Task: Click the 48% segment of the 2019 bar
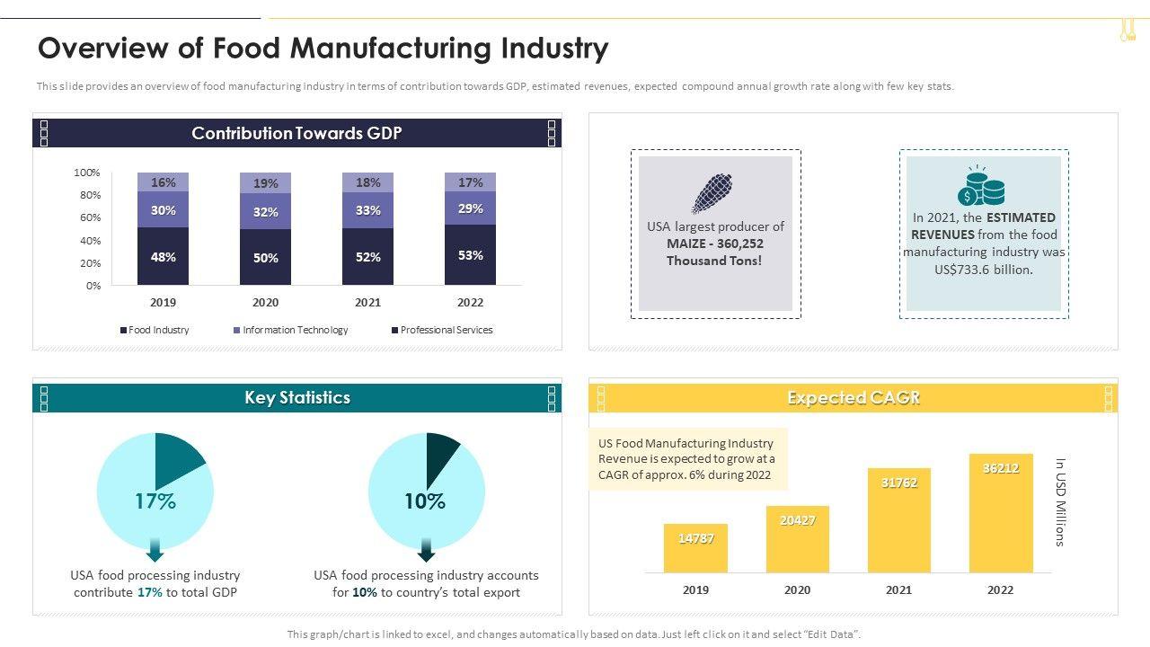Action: click(163, 256)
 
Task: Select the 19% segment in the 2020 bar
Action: click(265, 183)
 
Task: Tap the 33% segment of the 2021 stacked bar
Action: click(367, 210)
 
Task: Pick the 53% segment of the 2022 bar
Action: click(470, 255)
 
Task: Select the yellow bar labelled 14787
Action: click(695, 548)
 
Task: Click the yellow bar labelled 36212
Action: click(1000, 513)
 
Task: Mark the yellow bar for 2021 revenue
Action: click(898, 520)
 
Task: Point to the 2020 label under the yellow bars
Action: click(797, 590)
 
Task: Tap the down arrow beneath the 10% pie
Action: click(426, 550)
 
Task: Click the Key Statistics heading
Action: click(297, 398)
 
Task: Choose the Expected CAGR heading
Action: click(853, 398)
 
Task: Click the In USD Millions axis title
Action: click(1060, 502)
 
